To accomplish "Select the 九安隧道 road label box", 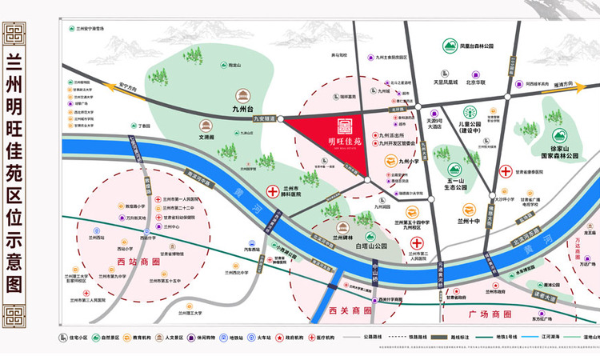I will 266,118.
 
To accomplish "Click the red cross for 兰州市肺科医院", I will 271,192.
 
